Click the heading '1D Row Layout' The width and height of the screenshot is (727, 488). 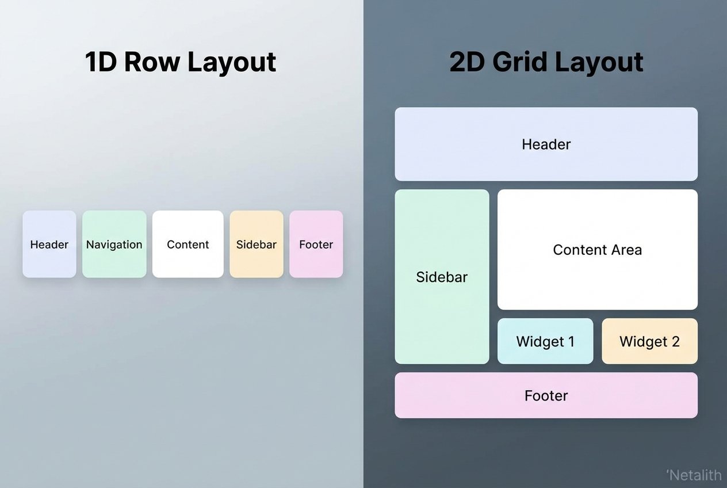pos(181,62)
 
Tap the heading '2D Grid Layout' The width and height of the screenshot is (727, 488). pos(546,62)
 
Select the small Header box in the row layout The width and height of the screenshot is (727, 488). pos(49,244)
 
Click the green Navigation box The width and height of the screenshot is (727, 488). pos(114,244)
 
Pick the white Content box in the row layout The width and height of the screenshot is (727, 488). pos(188,244)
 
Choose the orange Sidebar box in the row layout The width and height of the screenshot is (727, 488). pos(257,244)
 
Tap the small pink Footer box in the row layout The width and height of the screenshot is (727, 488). pos(316,244)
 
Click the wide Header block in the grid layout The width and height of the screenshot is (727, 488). pos(546,144)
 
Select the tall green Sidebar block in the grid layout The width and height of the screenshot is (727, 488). pos(442,277)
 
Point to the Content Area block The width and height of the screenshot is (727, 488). pos(597,250)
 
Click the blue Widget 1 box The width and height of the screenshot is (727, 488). pos(545,341)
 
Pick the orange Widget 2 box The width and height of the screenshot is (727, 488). pos(649,341)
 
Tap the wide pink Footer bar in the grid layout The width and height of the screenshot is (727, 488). pos(546,395)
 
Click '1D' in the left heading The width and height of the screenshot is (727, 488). pos(102,62)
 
